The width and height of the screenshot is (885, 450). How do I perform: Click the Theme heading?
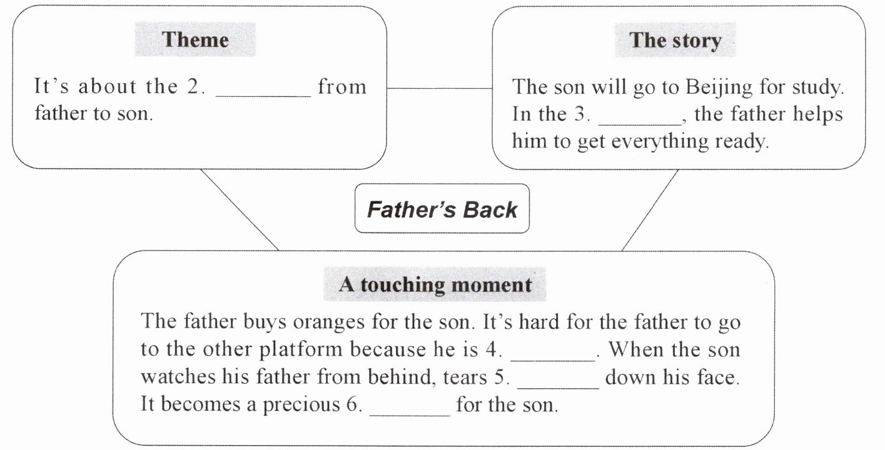(x=195, y=40)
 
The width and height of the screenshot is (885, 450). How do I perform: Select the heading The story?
(x=675, y=41)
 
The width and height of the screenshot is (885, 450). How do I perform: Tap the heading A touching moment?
(x=435, y=285)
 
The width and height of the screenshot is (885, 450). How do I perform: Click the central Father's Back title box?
(x=442, y=209)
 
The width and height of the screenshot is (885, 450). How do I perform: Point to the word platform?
(x=302, y=349)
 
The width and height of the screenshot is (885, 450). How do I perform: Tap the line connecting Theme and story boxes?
(x=439, y=88)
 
